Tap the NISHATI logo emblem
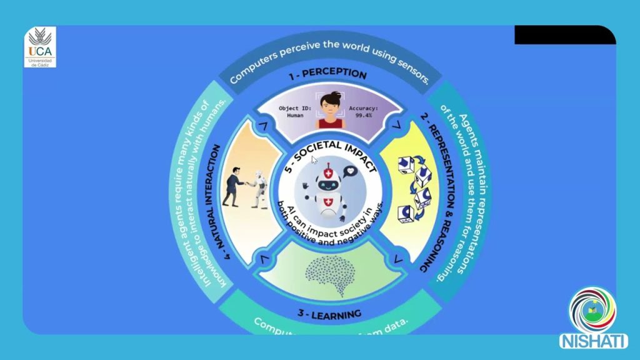pos(592,311)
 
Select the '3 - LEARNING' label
pos(327,312)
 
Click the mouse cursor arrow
pos(314,160)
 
